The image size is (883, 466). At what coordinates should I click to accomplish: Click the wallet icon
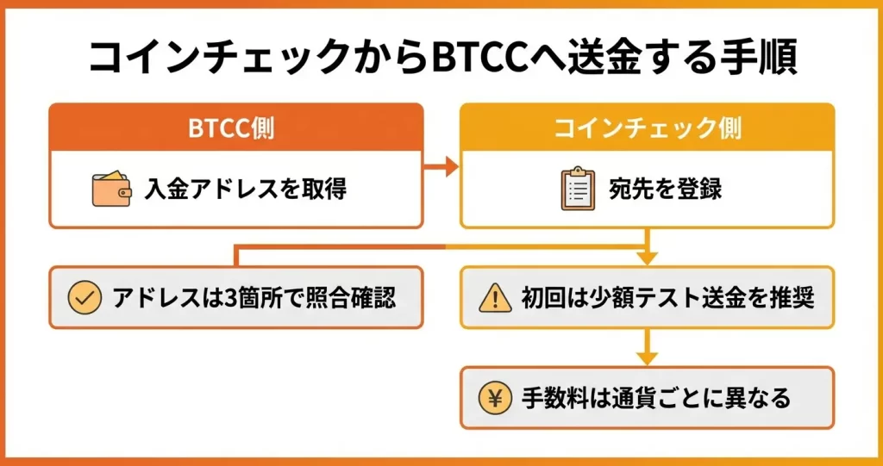tap(111, 190)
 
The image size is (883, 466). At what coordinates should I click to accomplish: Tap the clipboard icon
tap(578, 190)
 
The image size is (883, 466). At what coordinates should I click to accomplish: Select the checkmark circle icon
tap(84, 298)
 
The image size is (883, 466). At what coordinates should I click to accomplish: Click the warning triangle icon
tap(495, 298)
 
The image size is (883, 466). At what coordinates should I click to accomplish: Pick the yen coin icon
tap(495, 398)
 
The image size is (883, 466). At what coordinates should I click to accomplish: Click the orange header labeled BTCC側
tap(235, 128)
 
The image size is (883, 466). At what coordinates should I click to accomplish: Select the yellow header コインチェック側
tap(647, 128)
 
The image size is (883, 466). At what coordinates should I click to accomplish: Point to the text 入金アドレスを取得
tap(246, 190)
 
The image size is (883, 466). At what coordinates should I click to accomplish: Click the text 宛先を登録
tap(667, 190)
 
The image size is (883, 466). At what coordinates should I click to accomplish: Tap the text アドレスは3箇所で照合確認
tap(254, 298)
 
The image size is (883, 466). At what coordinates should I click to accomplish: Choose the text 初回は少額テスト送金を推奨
tap(668, 298)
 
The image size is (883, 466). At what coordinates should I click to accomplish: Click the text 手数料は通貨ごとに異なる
tap(655, 398)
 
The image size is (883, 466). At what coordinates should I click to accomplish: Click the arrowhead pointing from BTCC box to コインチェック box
tap(451, 166)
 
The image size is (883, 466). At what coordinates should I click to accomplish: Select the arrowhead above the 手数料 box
tap(647, 357)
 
